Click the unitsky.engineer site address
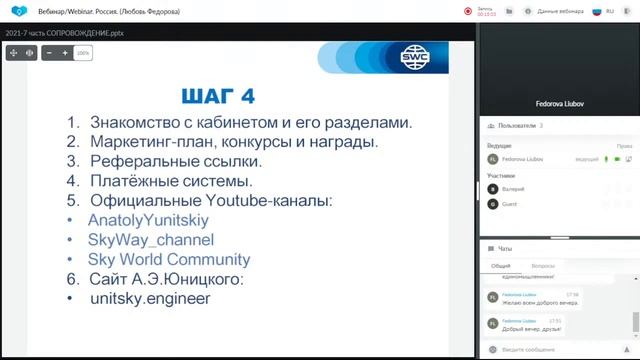tap(150, 297)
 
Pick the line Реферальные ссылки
tap(175, 160)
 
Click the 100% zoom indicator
tap(83, 53)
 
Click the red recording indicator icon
tap(467, 11)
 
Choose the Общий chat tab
tap(501, 266)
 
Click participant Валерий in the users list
tap(513, 188)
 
